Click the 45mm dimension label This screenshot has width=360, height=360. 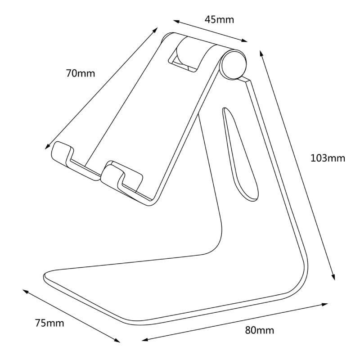219,19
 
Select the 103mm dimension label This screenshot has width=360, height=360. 328,158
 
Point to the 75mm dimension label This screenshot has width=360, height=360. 49,323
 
